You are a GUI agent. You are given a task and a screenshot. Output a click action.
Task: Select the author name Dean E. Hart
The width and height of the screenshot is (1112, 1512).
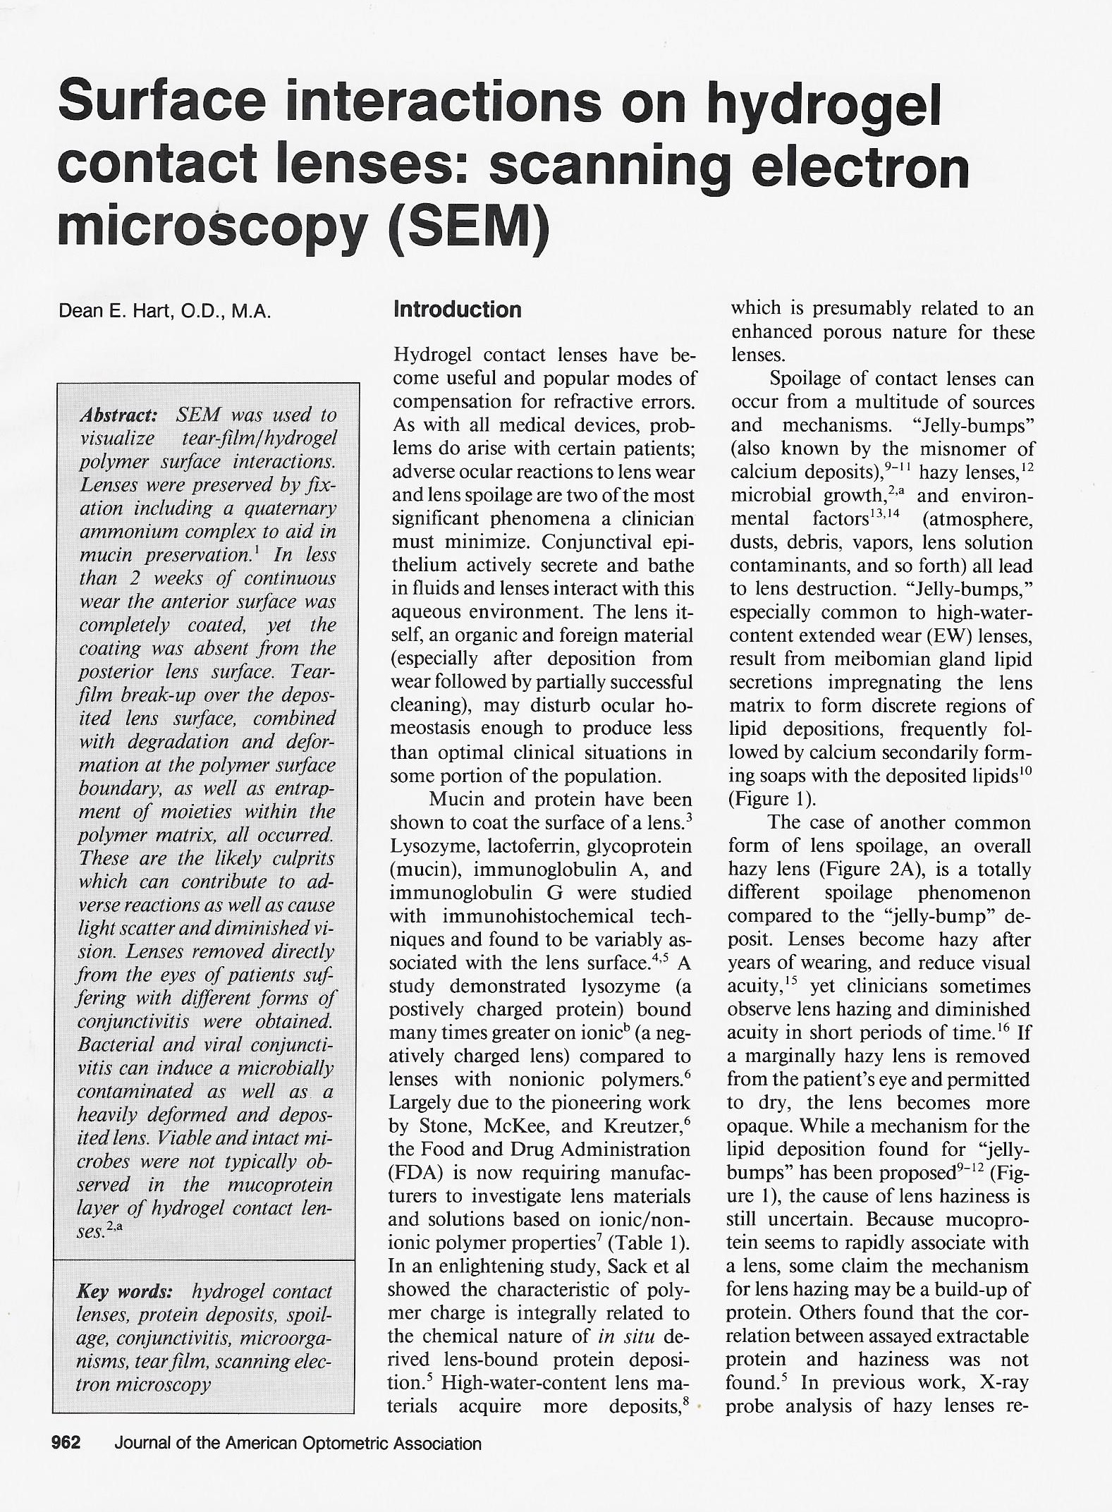139,312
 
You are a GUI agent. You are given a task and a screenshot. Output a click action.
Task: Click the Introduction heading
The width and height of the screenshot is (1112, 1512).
458,310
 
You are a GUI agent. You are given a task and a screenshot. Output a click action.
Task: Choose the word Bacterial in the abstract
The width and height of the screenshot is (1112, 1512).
114,1044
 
